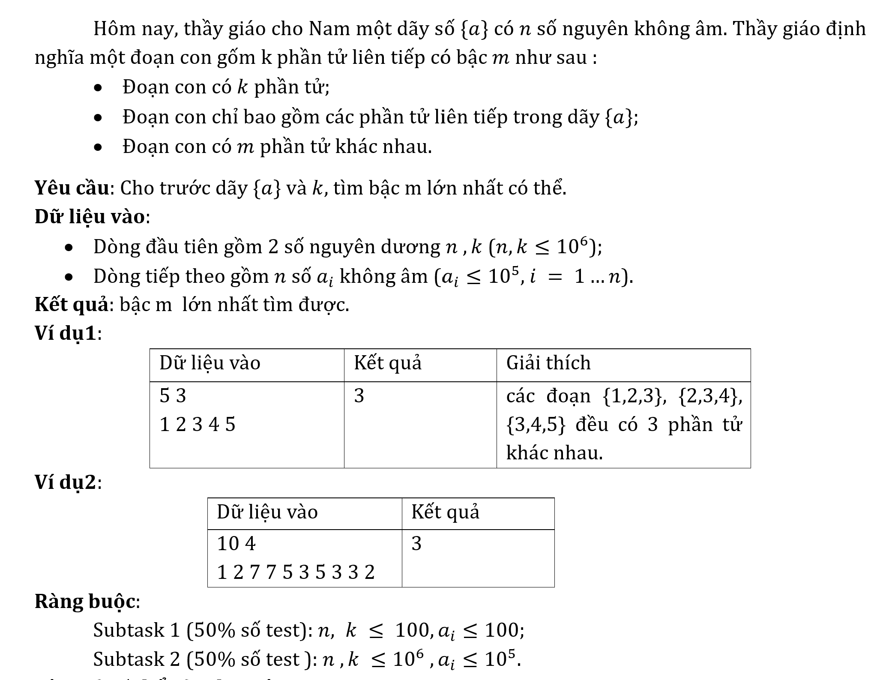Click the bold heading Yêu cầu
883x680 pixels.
[72, 188]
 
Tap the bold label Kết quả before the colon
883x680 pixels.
[72, 305]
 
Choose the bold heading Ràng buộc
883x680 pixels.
[85, 601]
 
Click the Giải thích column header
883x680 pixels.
[548, 363]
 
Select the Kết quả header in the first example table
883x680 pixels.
[388, 363]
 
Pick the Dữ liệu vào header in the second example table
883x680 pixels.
[267, 512]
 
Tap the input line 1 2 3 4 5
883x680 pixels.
[198, 425]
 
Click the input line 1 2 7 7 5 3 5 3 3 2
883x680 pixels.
[296, 572]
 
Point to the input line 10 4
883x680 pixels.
[236, 544]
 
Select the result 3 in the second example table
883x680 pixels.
[416, 544]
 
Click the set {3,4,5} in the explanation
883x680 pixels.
[536, 425]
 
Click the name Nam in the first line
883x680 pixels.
[327, 29]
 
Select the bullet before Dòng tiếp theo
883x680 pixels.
[69, 277]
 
